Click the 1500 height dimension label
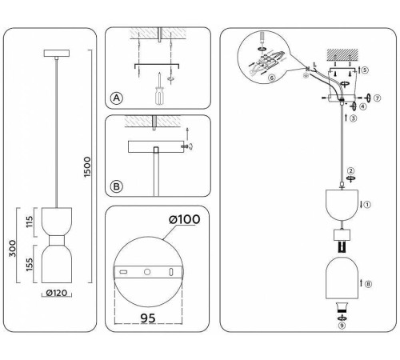(x=87, y=167)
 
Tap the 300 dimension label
(x=13, y=248)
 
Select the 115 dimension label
(x=30, y=222)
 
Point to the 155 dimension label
(x=30, y=264)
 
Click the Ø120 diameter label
(x=57, y=293)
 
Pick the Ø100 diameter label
(x=185, y=219)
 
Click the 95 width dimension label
(x=148, y=318)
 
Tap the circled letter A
(x=117, y=98)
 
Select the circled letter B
(x=117, y=186)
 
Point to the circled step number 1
(x=367, y=205)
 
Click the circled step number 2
(x=351, y=170)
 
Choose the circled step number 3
(x=354, y=118)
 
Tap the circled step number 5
(x=365, y=70)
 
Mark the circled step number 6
(x=272, y=78)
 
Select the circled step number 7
(x=377, y=98)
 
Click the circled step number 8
(x=368, y=284)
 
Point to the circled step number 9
(x=342, y=326)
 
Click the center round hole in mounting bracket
(x=147, y=272)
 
